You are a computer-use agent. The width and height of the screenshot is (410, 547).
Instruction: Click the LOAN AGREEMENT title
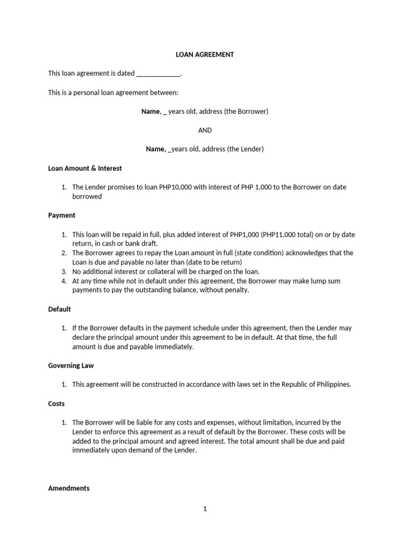(x=205, y=54)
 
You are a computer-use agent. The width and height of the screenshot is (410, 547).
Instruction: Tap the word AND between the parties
(x=205, y=130)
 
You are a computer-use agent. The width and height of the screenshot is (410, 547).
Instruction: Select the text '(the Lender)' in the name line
(x=246, y=149)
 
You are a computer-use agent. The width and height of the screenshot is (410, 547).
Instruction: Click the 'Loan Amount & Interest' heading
(x=85, y=168)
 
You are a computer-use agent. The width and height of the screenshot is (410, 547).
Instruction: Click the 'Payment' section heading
(x=61, y=215)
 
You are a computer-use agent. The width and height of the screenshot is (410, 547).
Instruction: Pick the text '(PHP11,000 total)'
(x=285, y=235)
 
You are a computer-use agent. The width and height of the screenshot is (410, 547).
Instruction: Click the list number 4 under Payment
(x=64, y=281)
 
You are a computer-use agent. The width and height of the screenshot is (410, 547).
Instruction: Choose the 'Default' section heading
(x=59, y=309)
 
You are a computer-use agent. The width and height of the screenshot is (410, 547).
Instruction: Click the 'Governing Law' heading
(x=71, y=366)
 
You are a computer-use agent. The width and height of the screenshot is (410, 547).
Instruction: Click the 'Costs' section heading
(x=56, y=404)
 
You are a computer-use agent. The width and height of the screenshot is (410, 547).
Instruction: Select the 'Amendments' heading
(x=69, y=488)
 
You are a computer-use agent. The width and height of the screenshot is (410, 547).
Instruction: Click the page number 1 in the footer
(x=205, y=509)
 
